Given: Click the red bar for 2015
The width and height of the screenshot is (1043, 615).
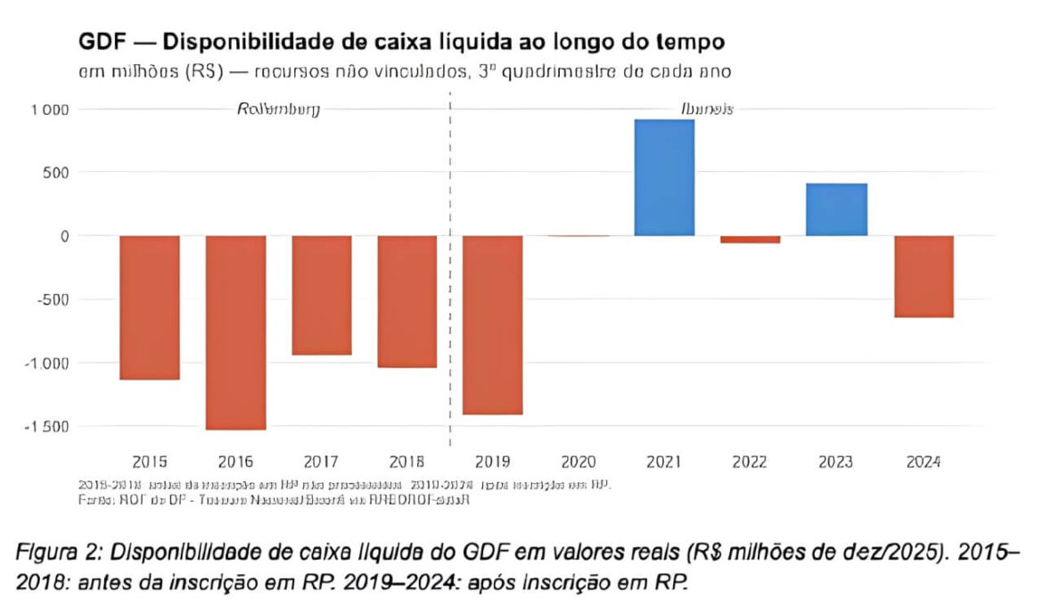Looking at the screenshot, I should [x=150, y=307].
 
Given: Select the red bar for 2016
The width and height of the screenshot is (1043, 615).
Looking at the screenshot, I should [x=235, y=332].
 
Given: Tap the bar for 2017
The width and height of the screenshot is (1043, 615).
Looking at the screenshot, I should [x=321, y=295].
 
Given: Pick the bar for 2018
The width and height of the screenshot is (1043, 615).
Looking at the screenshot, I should [x=407, y=301].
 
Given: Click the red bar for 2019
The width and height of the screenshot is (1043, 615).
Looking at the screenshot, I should [x=493, y=325].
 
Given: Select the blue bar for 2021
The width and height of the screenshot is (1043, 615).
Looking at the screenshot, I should [x=664, y=177].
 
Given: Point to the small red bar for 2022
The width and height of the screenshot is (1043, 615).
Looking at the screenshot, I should [x=750, y=239].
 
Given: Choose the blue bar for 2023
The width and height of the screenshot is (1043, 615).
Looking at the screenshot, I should [x=836, y=209].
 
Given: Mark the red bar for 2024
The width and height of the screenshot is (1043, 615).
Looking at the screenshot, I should [x=924, y=276].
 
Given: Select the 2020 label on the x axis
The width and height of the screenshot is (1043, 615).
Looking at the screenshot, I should [x=579, y=462].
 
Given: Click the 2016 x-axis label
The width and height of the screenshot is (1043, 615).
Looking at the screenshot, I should [x=235, y=462].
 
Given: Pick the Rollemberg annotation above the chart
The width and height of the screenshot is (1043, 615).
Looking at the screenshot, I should [x=278, y=109].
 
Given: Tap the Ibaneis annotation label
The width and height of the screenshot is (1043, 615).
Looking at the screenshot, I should [x=707, y=109].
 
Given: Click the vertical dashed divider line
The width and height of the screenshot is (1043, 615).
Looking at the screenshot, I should [x=450, y=267].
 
